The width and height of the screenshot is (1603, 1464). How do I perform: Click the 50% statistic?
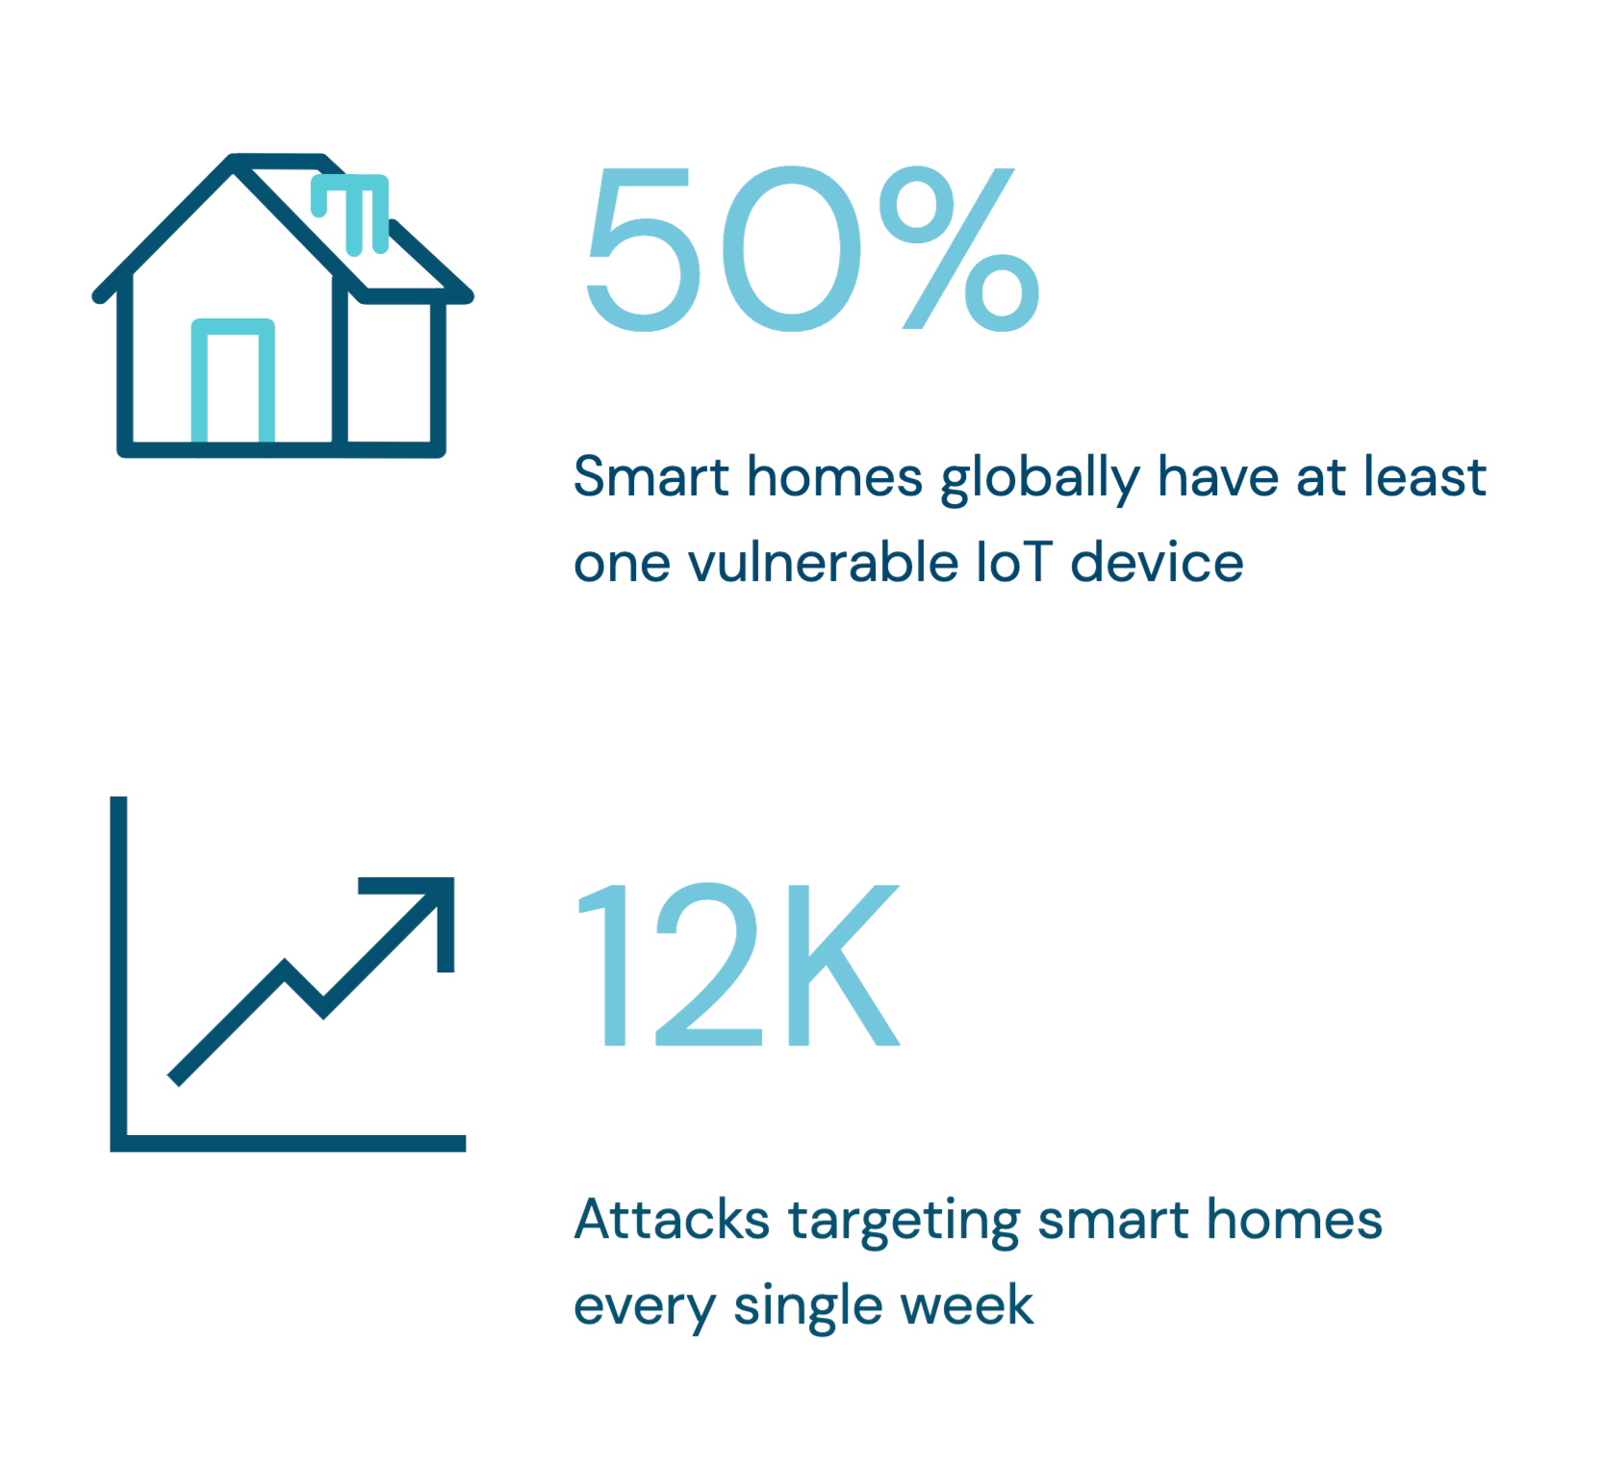click(x=813, y=248)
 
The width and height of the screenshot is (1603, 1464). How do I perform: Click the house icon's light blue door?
click(x=233, y=381)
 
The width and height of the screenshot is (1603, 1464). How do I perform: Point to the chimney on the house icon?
click(x=351, y=214)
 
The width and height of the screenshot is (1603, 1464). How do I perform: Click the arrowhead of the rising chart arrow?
click(x=423, y=909)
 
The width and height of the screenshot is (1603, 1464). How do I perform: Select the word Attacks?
click(x=672, y=1220)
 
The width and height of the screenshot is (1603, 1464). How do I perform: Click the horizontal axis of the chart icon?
click(x=288, y=1143)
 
